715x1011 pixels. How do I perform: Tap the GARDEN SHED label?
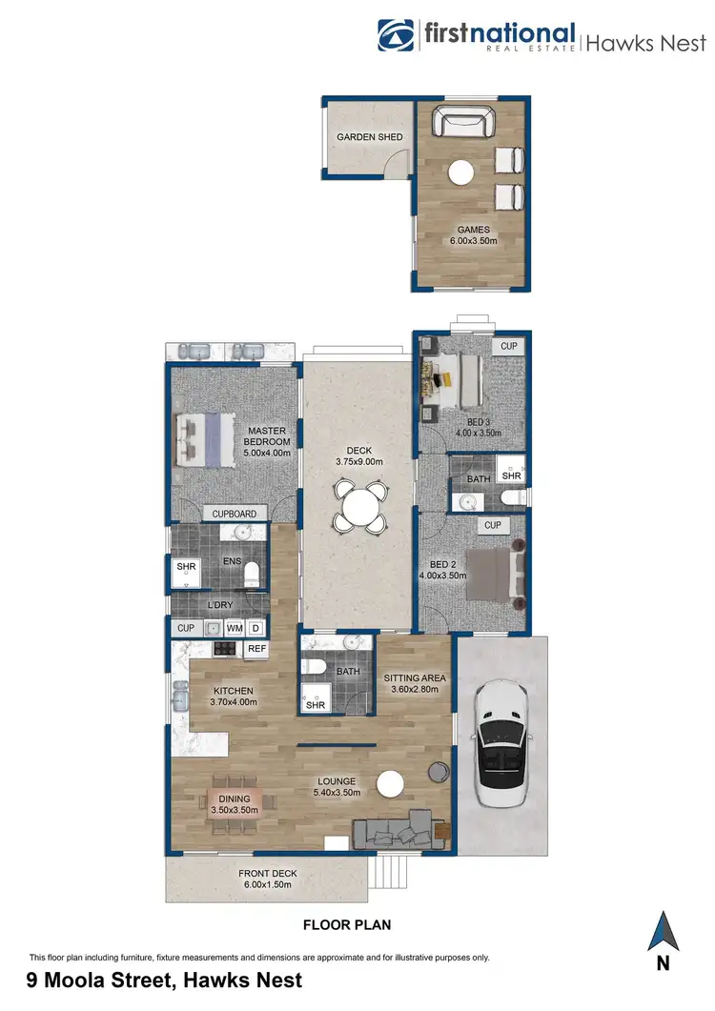[369, 137]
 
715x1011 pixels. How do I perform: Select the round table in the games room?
[462, 172]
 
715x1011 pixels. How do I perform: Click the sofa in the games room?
[463, 123]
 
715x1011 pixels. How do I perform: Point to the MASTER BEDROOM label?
[267, 435]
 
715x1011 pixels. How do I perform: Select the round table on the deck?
[359, 506]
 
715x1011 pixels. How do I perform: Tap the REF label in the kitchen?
[255, 649]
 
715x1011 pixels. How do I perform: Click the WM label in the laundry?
[234, 628]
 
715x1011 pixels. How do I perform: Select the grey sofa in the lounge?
[396, 832]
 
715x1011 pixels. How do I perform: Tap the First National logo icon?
[397, 37]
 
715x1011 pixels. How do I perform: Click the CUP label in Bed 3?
[509, 346]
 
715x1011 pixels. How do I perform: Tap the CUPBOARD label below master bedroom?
[234, 514]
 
